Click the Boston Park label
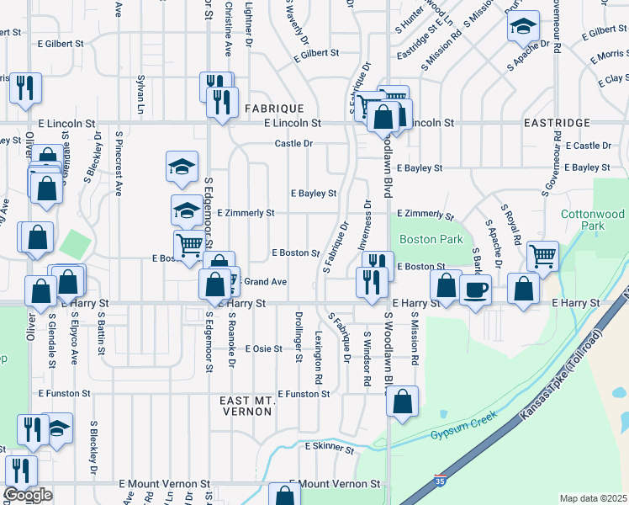click(431, 240)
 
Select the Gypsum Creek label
click(459, 433)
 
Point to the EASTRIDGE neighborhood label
click(557, 123)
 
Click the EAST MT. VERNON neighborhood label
click(246, 406)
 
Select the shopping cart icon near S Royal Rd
click(543, 256)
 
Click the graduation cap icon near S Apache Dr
click(523, 28)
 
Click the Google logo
click(28, 495)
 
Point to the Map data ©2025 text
click(593, 498)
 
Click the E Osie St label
click(263, 348)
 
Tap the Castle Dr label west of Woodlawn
click(293, 144)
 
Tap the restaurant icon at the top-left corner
click(24, 88)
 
